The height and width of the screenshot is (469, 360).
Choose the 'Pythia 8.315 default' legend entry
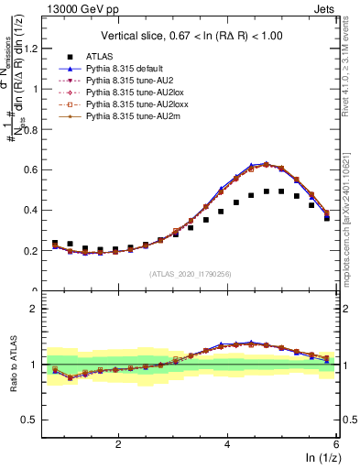tap(130, 69)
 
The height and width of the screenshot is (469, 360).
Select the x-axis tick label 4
tap(227, 443)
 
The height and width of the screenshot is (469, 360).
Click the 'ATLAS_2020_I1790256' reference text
tap(191, 274)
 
